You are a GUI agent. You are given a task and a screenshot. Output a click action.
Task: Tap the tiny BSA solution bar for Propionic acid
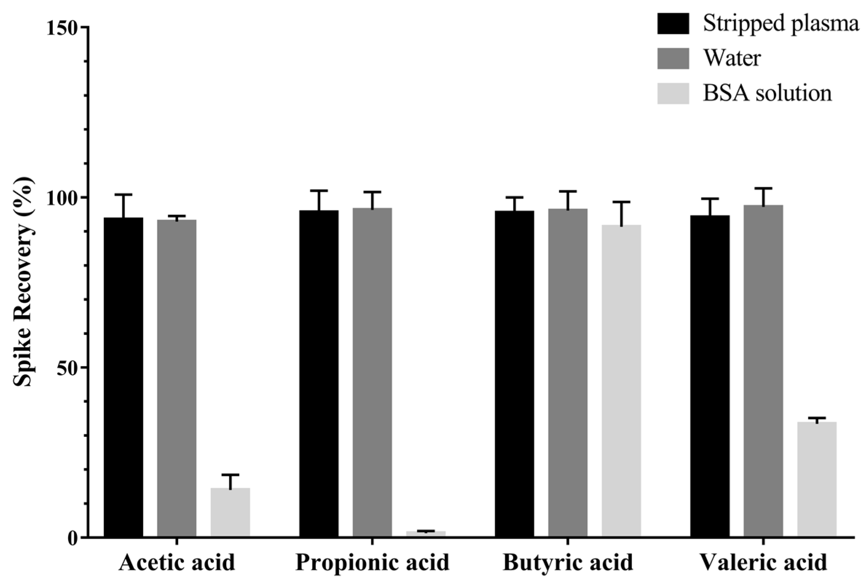click(x=426, y=534)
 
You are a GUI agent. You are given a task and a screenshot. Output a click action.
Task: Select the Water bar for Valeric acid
click(x=763, y=370)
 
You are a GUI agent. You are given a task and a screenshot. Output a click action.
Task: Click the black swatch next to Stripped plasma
click(x=673, y=24)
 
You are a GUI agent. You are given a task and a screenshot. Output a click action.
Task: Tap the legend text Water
click(x=732, y=58)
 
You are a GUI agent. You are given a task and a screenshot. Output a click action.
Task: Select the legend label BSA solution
click(x=767, y=93)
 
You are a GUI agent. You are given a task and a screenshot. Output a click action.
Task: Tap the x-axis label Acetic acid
click(x=177, y=563)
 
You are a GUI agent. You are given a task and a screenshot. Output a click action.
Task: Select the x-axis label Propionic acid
click(x=372, y=563)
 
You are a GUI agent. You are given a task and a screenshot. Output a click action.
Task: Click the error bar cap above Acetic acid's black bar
click(x=123, y=194)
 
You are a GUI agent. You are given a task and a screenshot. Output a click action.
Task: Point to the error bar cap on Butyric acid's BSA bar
click(x=621, y=202)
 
